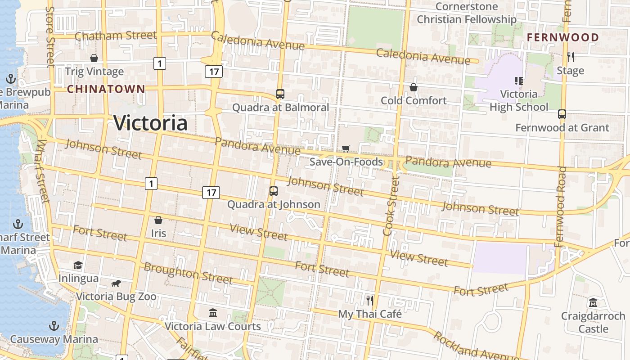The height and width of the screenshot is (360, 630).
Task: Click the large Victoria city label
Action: pyautogui.click(x=150, y=123)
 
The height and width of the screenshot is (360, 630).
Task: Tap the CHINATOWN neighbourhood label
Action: pyautogui.click(x=106, y=89)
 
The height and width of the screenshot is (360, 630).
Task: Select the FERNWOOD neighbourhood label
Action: pyautogui.click(x=562, y=37)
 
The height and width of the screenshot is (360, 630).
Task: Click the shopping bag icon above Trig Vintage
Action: pyautogui.click(x=94, y=58)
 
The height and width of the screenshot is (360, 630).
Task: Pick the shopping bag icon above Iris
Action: pyautogui.click(x=158, y=220)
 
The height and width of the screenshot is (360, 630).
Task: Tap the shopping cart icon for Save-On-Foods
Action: pyautogui.click(x=346, y=148)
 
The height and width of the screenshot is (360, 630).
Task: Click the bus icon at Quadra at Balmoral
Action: pyautogui.click(x=280, y=94)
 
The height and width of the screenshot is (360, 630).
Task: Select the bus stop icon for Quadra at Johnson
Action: pyautogui.click(x=274, y=191)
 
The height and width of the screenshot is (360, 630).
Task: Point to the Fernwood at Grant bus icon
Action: pyautogui.click(x=562, y=114)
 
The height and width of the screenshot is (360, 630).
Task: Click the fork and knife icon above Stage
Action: pyautogui.click(x=571, y=57)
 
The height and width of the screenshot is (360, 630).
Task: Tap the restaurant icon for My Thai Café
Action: pyautogui.click(x=370, y=300)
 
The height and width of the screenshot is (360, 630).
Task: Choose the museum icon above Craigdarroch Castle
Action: pyautogui.click(x=593, y=302)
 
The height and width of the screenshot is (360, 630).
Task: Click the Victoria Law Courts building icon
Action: pyautogui.click(x=213, y=313)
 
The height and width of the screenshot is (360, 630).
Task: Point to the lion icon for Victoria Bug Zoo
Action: pyautogui.click(x=116, y=283)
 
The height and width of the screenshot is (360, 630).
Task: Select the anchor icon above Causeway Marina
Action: pyautogui.click(x=54, y=325)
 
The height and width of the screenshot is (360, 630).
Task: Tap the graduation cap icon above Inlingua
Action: pyautogui.click(x=78, y=265)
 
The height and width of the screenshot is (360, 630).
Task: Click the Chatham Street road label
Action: pyautogui.click(x=116, y=36)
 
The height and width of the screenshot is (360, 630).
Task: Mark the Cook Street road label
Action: pyautogui.click(x=391, y=206)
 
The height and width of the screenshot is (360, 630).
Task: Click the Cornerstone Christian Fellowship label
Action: pyautogui.click(x=466, y=13)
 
